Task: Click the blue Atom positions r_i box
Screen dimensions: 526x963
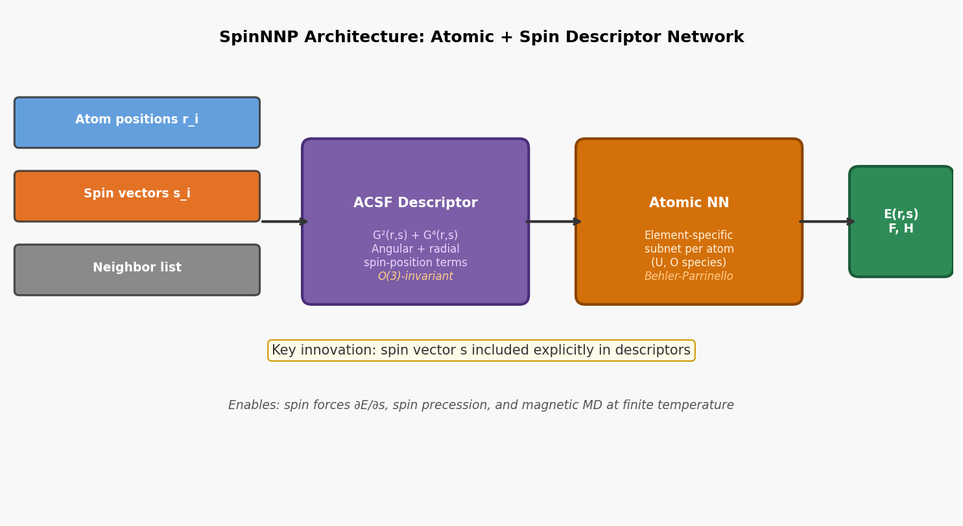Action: [137, 123]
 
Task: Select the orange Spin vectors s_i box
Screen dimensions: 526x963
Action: [137, 196]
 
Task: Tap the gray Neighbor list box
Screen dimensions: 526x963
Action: [137, 269]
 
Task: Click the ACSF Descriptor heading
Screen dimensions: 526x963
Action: [415, 203]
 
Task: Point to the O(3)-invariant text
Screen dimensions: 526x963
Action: [415, 277]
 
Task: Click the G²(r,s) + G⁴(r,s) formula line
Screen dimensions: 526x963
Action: [415, 236]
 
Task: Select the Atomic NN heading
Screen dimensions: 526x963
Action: [689, 203]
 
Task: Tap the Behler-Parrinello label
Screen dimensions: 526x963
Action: [689, 277]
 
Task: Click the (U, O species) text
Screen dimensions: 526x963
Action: [689, 263]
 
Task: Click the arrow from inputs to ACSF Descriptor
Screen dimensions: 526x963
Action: [283, 221]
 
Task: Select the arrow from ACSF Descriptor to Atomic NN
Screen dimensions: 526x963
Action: [553, 221]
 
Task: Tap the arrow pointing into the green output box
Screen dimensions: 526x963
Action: [826, 221]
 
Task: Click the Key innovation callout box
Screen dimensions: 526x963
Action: [481, 351]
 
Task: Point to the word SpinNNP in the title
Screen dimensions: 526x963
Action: [259, 38]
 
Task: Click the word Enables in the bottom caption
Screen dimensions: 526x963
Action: [254, 405]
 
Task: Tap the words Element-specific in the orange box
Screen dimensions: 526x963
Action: [689, 236]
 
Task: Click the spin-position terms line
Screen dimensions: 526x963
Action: [415, 263]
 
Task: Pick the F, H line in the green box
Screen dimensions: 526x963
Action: [901, 229]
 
